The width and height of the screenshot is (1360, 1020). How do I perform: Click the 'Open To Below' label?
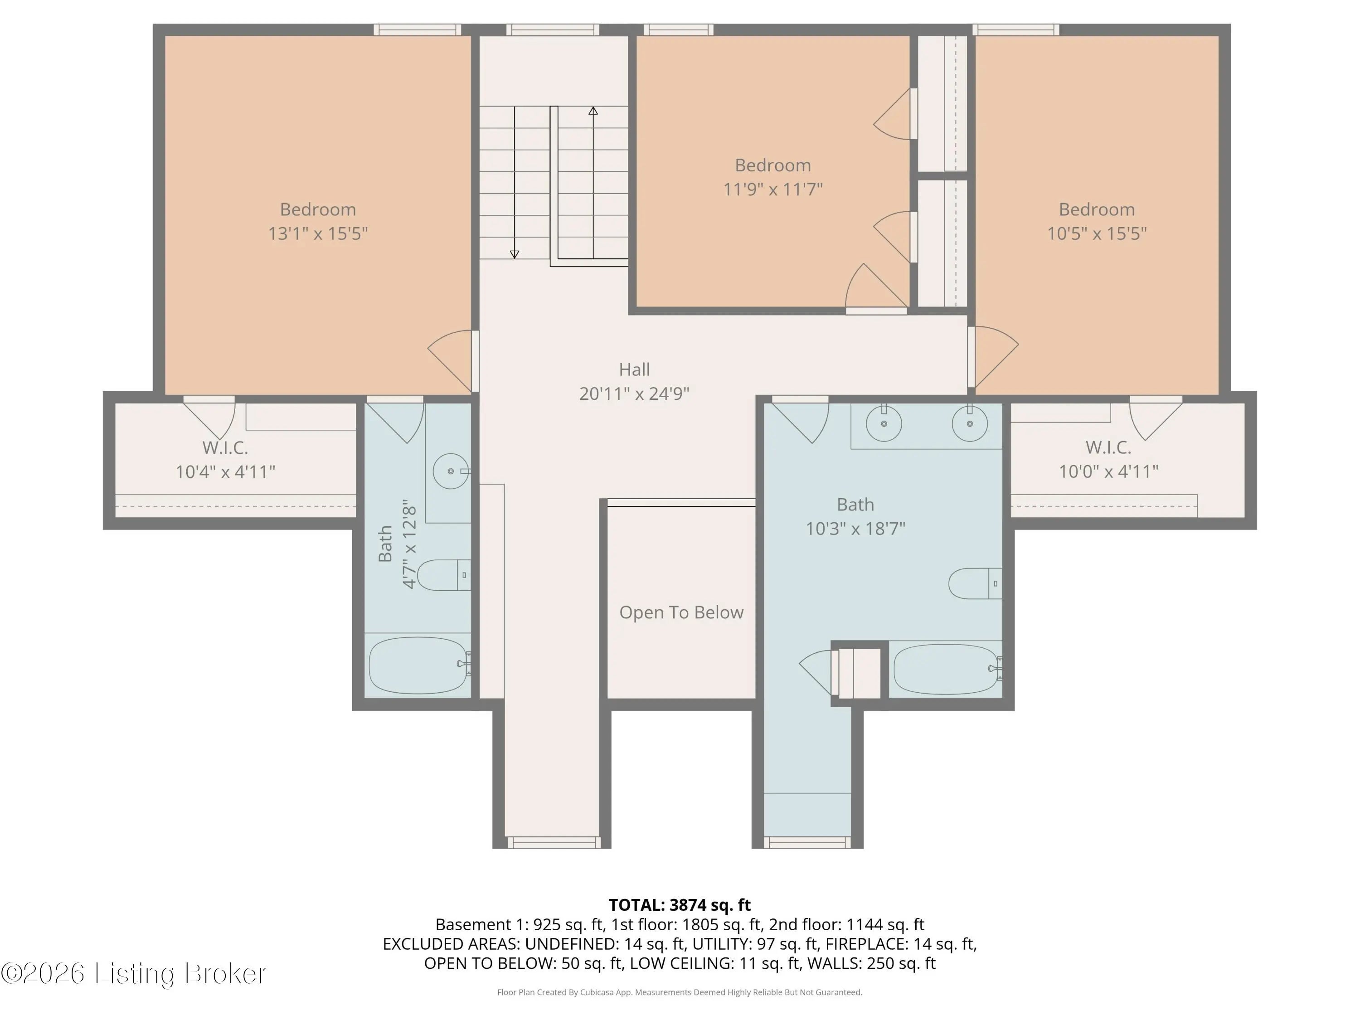tap(681, 612)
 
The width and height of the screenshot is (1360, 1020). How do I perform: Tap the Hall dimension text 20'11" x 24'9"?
tap(635, 393)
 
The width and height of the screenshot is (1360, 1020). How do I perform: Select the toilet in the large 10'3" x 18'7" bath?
tap(975, 583)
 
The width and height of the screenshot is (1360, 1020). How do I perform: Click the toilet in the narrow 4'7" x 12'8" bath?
tap(444, 575)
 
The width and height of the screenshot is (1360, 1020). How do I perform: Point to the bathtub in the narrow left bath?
tap(419, 665)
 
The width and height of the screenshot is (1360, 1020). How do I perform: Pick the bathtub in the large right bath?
tap(947, 669)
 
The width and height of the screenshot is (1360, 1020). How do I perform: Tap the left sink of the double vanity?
tap(884, 423)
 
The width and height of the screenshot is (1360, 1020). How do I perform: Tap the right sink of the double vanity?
tap(970, 423)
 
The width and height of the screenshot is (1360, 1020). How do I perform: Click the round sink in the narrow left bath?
tap(451, 471)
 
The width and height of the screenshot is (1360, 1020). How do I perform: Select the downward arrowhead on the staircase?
tap(515, 254)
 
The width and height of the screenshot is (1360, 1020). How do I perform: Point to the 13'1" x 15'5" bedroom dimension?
tap(318, 233)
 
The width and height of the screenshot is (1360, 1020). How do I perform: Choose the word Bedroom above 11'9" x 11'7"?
tap(773, 165)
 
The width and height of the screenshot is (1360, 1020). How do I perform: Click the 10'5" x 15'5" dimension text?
tap(1097, 233)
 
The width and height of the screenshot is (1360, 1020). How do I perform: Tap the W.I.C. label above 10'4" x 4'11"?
tap(225, 447)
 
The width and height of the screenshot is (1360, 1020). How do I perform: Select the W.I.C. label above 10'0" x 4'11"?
tap(1108, 447)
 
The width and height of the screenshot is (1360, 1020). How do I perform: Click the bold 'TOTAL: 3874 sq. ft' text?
tap(680, 905)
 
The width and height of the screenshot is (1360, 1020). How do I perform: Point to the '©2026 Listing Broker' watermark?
tap(134, 973)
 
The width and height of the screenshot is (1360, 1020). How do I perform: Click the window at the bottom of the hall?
tap(552, 842)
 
